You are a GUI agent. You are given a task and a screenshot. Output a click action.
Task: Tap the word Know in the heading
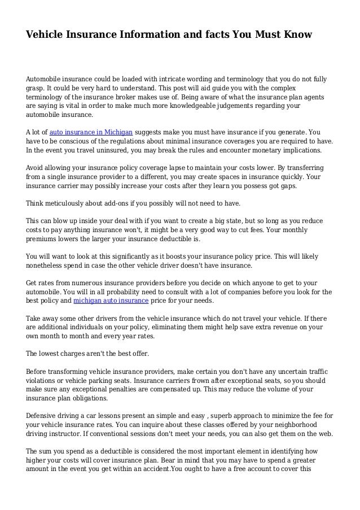pos(296,35)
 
